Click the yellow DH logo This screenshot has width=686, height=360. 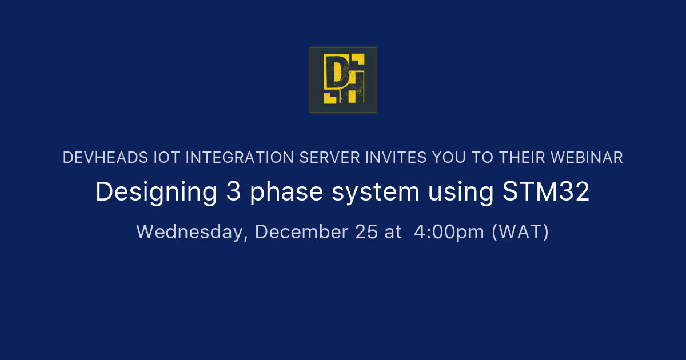[343, 80]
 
